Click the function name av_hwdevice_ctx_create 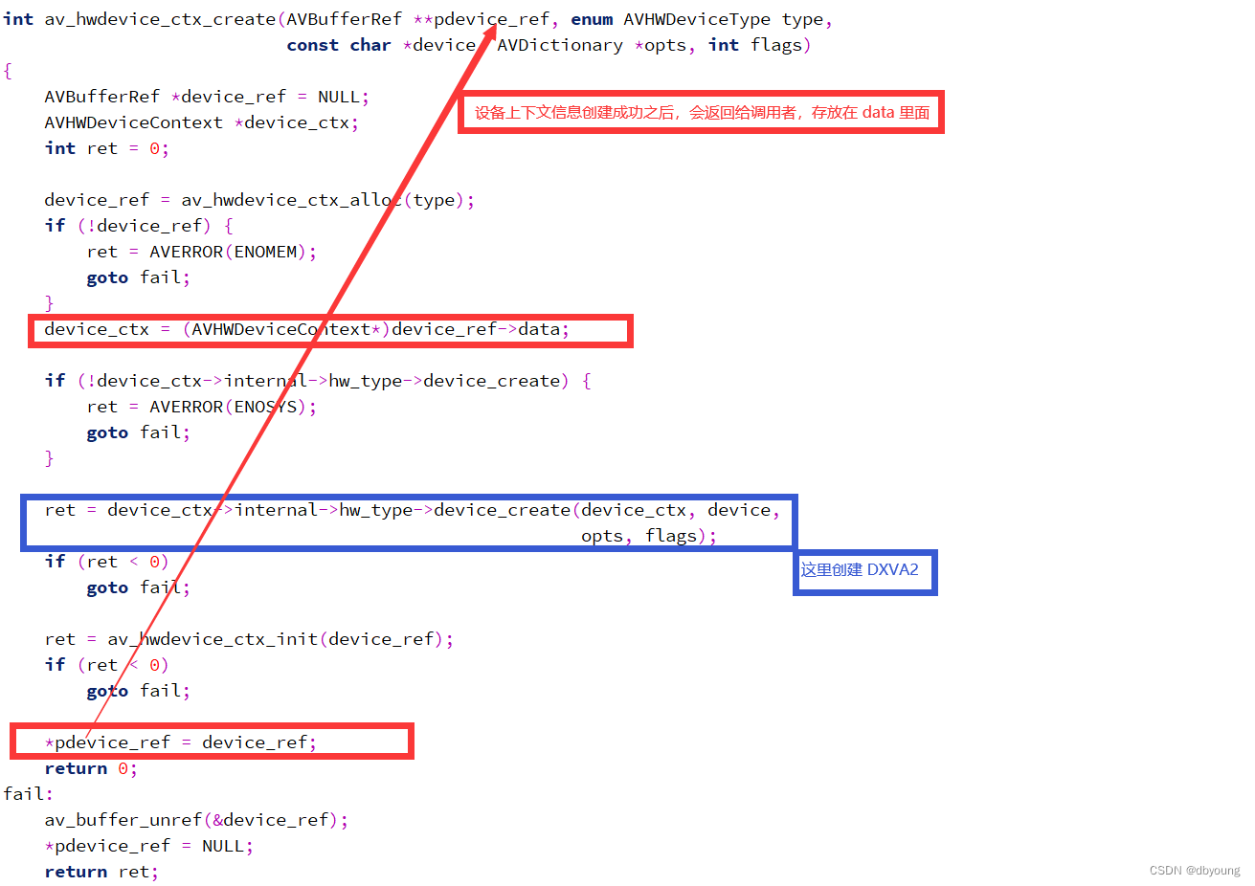[x=160, y=19]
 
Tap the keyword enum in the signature [x=592, y=19]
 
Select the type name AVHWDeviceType [x=696, y=19]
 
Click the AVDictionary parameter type [x=560, y=45]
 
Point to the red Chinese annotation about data [x=702, y=113]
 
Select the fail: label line [x=28, y=794]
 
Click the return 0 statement [x=91, y=768]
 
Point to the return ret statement [x=101, y=872]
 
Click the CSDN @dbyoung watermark [x=1194, y=871]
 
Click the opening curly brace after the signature [x=8, y=71]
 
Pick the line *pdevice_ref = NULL [x=148, y=846]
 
